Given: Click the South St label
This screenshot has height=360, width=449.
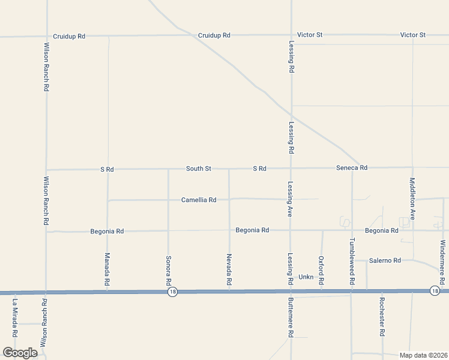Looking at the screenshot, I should coord(198,169).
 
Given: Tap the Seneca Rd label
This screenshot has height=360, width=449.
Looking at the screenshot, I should coord(351,168).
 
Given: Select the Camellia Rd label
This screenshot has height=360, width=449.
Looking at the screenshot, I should coord(198,200).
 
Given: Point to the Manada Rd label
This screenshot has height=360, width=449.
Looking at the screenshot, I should coord(107,269).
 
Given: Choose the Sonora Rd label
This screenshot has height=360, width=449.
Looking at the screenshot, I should coord(168,270).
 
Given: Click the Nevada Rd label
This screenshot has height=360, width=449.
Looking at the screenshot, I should coord(229,269).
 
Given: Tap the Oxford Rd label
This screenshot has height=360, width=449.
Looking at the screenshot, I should coord(321,270).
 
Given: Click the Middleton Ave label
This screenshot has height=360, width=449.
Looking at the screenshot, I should coord(412,198).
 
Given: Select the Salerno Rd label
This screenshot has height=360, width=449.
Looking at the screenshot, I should coord(385,260).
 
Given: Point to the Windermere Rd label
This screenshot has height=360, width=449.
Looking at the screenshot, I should coord(442,262).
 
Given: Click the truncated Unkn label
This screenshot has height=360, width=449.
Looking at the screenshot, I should coord(306,277).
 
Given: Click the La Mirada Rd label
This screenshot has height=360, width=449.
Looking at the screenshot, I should coord(15,317).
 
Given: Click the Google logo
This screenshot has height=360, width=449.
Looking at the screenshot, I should coord(20,353).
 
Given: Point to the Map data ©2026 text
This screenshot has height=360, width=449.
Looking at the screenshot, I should coord(423,355).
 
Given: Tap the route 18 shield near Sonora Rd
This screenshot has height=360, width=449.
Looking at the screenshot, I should coord(173,292).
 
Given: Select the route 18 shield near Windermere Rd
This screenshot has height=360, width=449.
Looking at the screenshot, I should coord(434,290).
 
